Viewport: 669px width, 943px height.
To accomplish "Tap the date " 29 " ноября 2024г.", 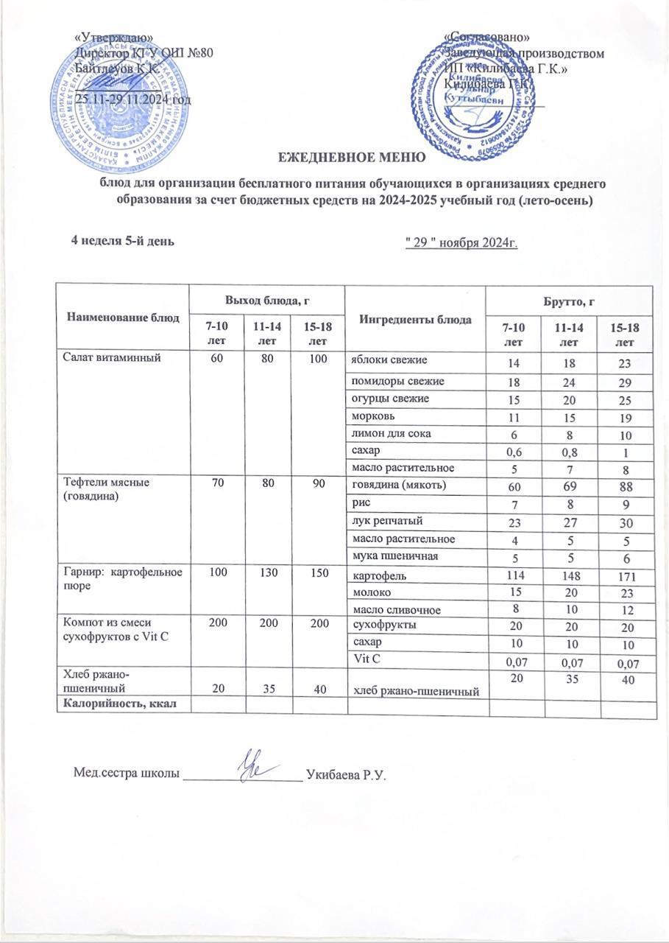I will click(x=461, y=243).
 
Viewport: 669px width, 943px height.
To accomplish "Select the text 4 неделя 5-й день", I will click(x=122, y=241).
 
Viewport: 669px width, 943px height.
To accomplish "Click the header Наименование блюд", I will click(x=123, y=318).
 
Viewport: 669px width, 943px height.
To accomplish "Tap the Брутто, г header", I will click(x=570, y=301).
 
